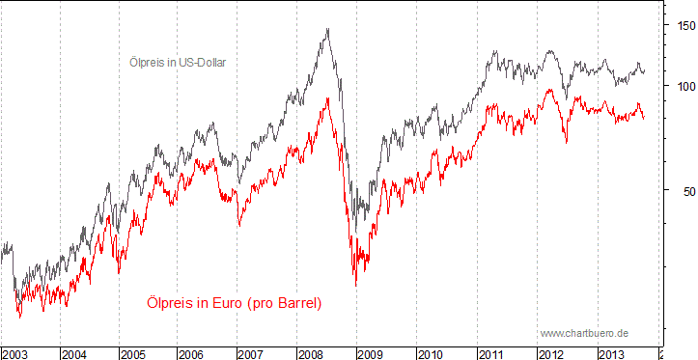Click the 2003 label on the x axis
[15, 354]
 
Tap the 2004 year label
[74, 354]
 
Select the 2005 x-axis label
[134, 354]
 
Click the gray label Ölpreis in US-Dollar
[183, 62]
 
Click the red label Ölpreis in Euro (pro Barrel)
[234, 303]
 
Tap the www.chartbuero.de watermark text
[585, 332]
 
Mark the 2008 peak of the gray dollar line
[328, 29]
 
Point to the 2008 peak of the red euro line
[328, 97]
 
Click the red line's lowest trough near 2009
[355, 286]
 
